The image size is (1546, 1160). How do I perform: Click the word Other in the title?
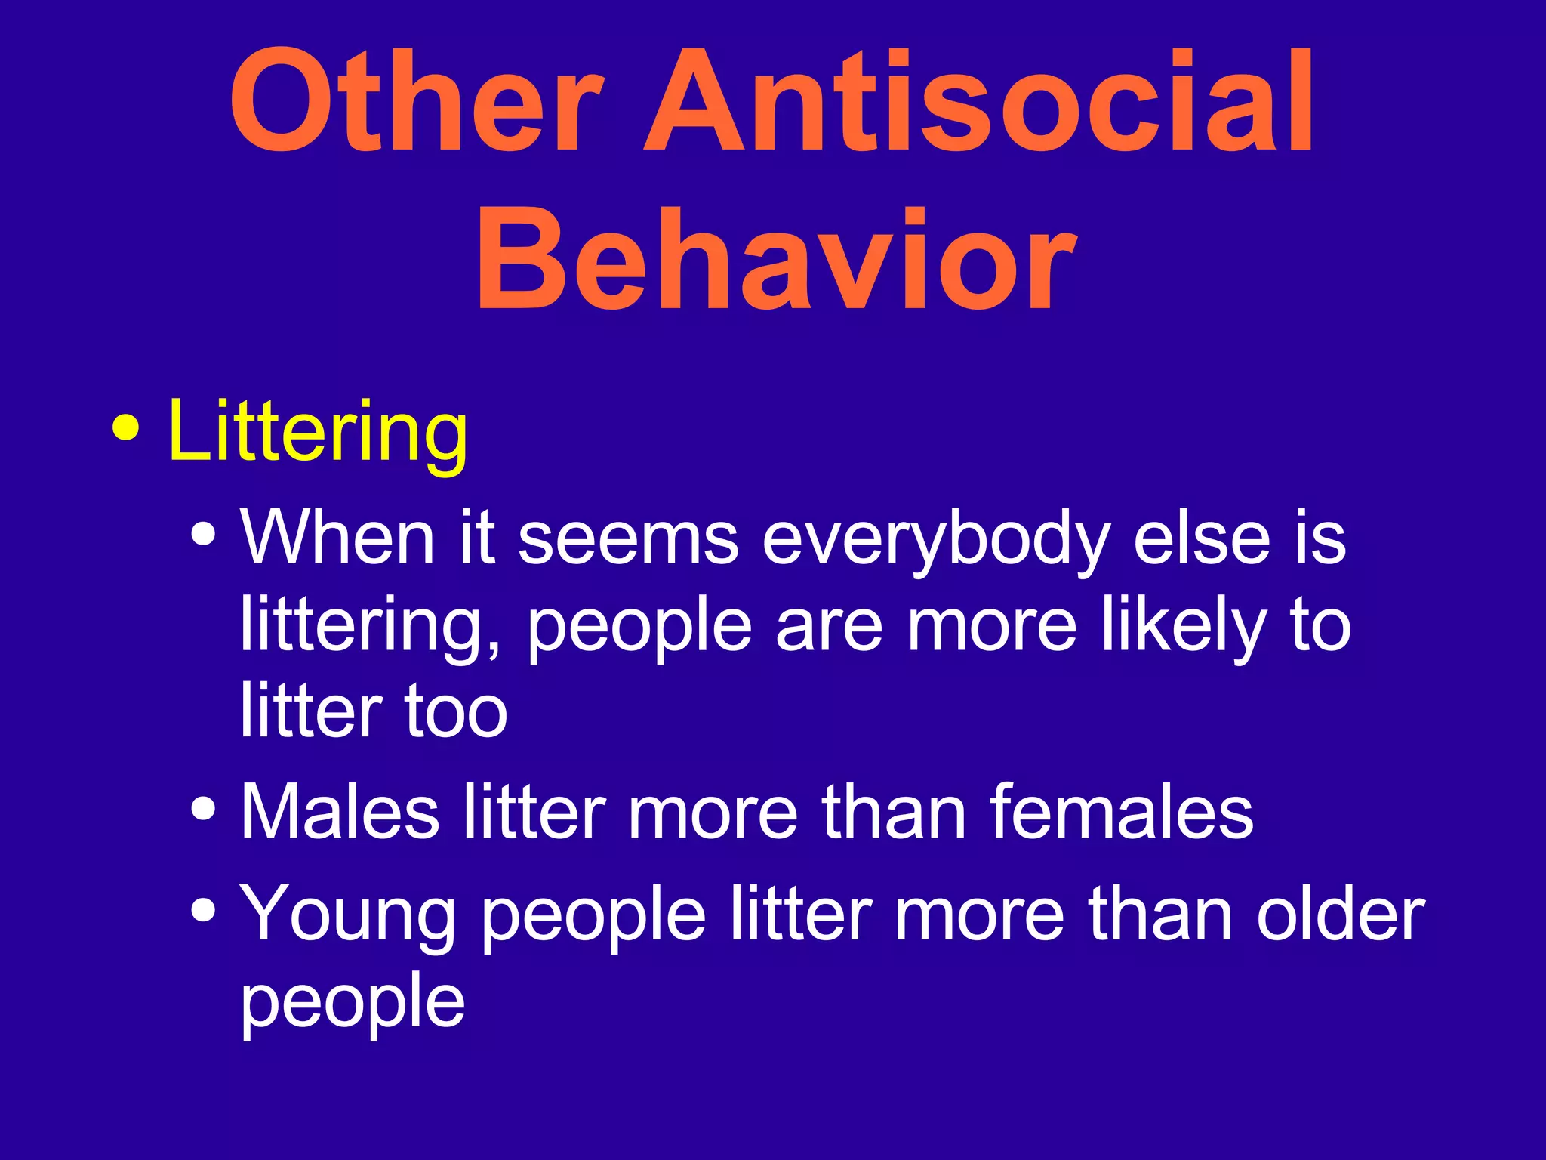click(x=417, y=100)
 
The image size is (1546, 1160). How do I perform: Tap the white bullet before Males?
click(x=204, y=810)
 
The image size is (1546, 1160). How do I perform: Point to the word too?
click(x=456, y=711)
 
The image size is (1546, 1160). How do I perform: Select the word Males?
click(x=340, y=812)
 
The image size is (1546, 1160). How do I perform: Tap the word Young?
click(x=348, y=915)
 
